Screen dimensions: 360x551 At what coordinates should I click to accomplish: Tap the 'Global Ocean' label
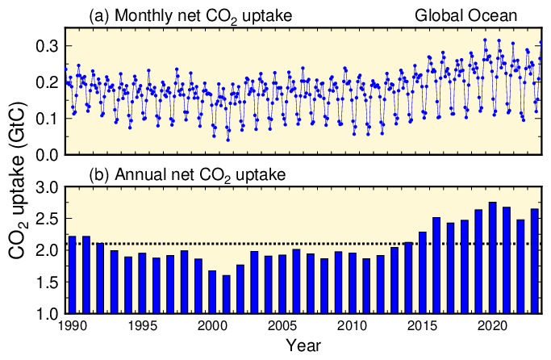tap(465, 15)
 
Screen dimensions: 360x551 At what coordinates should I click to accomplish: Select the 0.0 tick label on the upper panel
tap(44, 154)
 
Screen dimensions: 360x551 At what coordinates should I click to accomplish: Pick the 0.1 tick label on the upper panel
tap(44, 119)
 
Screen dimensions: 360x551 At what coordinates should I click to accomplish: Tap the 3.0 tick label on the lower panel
tap(44, 187)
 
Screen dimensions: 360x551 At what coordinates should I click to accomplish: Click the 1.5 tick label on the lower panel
tap(44, 282)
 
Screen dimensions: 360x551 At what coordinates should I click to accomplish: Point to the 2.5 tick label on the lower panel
tap(44, 219)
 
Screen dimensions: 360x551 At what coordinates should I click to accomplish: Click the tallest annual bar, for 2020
tap(492, 257)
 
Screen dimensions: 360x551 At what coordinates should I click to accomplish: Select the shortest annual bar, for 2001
tap(226, 294)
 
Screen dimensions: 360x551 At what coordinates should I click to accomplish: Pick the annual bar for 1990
tap(71, 274)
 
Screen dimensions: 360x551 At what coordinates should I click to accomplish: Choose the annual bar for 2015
tap(422, 272)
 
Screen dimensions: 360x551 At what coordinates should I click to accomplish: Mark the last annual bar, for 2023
tap(534, 261)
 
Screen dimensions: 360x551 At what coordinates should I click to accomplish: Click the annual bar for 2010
tap(353, 283)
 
